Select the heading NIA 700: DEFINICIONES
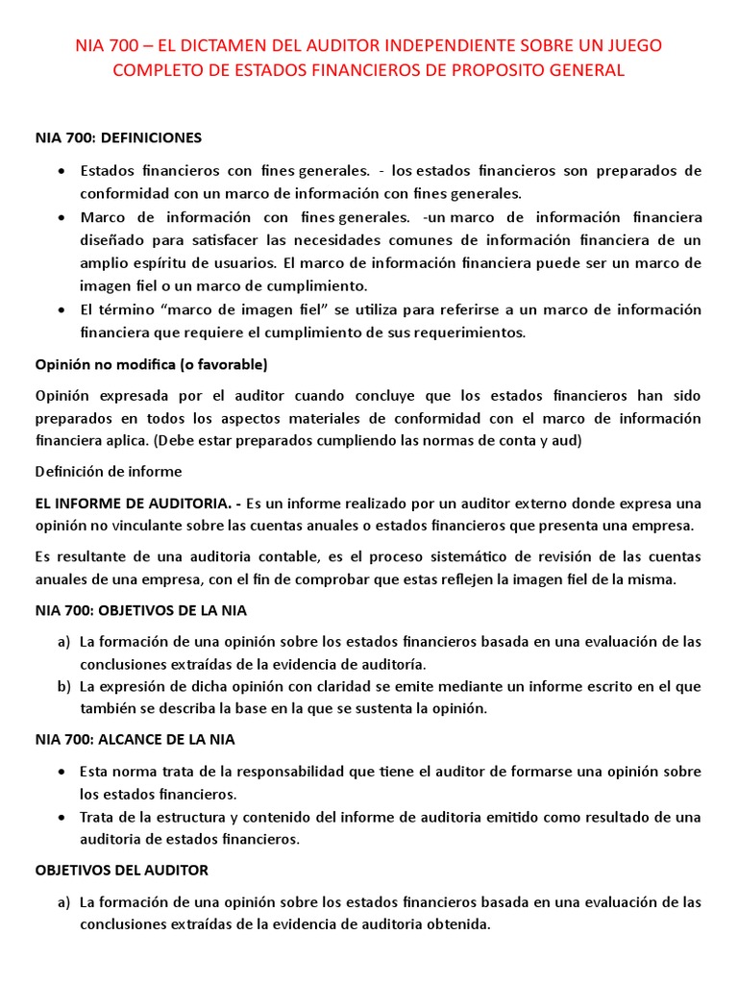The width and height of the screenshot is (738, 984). (x=118, y=137)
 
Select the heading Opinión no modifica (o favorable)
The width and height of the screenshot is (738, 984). (x=151, y=364)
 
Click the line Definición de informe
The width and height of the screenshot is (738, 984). (x=108, y=471)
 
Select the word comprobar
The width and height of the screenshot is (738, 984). (x=313, y=579)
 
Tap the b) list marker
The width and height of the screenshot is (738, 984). (x=63, y=686)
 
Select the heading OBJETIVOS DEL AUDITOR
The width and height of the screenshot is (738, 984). (x=121, y=870)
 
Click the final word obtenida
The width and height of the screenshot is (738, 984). (x=460, y=924)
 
